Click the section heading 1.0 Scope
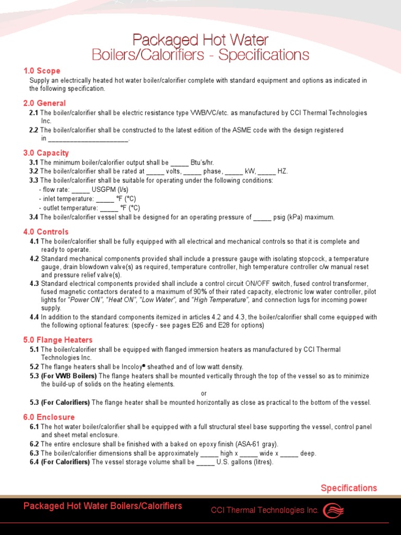point(42,71)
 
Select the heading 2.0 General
point(44,103)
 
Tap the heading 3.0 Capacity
point(46,153)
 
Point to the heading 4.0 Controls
point(46,231)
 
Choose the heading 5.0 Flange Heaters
point(58,340)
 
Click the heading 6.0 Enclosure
point(49,417)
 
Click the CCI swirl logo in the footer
point(334,510)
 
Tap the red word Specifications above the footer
point(348,488)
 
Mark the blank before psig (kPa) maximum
point(262,218)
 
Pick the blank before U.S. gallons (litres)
point(205,462)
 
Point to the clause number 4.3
point(34,283)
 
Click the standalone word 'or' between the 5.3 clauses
point(204,393)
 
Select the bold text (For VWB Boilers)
point(69,376)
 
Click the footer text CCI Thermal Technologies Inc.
point(265,510)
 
